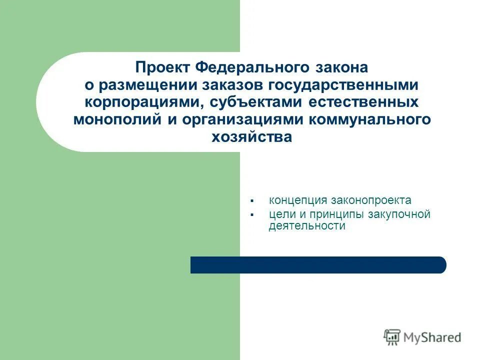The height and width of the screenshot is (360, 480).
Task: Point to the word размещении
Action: coord(146,85)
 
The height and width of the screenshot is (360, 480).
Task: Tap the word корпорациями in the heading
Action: coord(143,102)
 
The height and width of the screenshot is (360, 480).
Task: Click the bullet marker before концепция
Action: coord(252,201)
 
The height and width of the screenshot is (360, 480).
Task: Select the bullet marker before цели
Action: coord(252,215)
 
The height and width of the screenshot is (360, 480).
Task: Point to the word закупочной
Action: coord(398,214)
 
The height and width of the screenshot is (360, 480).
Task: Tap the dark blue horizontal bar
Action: coord(318,265)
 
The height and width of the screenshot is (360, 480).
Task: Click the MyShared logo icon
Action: coord(392,337)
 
